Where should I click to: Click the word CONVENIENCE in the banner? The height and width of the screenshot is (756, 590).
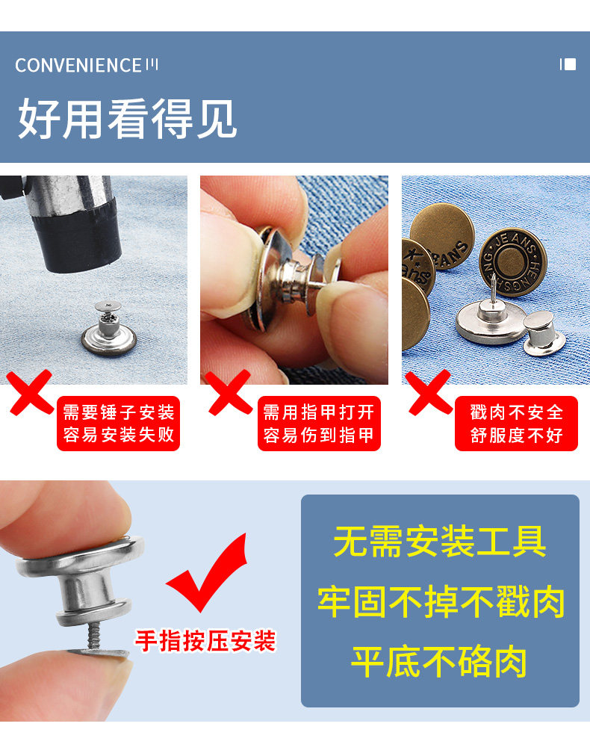click(78, 66)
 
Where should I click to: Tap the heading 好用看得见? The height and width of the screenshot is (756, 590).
click(127, 119)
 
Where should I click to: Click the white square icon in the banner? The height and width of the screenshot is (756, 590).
click(571, 64)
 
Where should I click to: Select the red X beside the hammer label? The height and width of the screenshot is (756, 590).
click(29, 392)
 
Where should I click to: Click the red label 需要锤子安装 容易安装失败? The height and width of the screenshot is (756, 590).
click(118, 424)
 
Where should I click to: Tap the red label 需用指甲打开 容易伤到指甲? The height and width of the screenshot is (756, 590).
click(319, 424)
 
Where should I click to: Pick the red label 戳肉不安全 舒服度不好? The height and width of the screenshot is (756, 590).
click(516, 424)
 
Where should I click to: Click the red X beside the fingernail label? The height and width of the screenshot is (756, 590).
click(230, 392)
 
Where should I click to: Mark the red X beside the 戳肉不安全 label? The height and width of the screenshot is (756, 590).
click(429, 392)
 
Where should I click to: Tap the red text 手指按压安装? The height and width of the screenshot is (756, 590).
click(205, 641)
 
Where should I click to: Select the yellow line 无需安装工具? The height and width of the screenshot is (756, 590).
click(440, 542)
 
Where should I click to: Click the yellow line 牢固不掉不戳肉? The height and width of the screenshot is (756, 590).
click(441, 601)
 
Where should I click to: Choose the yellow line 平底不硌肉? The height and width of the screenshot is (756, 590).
click(439, 662)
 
